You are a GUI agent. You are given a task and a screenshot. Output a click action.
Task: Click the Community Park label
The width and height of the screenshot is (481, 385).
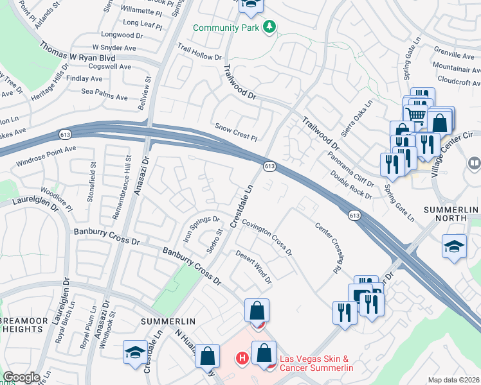pyautogui.click(x=225, y=28)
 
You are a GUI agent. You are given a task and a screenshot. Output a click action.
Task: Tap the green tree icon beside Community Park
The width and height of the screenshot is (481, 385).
pyautogui.click(x=271, y=27)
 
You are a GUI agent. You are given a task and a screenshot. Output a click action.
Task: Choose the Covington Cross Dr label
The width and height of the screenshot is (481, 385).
pyautogui.click(x=267, y=235)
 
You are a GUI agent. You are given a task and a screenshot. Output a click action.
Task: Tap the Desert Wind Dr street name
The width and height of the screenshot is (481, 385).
pyautogui.click(x=253, y=267)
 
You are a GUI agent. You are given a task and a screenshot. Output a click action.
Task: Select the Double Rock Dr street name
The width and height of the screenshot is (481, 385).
pyautogui.click(x=351, y=184)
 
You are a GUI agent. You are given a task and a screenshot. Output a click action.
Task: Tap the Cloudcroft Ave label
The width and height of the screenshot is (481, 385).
pyautogui.click(x=458, y=80)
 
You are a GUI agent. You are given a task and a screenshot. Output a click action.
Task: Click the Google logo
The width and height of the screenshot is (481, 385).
pyautogui.click(x=21, y=377)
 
